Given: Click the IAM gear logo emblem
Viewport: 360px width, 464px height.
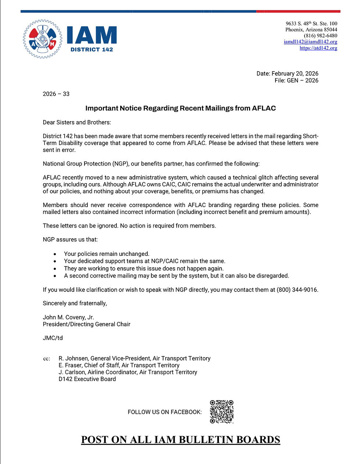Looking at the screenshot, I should pyautogui.click(x=43, y=39).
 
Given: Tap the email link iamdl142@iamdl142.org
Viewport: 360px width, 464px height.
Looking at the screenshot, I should pyautogui.click(x=310, y=42).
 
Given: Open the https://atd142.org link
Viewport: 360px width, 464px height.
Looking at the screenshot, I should pyautogui.click(x=318, y=48).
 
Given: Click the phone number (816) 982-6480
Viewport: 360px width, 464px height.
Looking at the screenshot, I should pyautogui.click(x=320, y=36).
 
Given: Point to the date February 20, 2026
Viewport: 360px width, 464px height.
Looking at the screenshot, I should pyautogui.click(x=295, y=73).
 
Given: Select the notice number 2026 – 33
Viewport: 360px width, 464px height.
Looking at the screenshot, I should pyautogui.click(x=56, y=94).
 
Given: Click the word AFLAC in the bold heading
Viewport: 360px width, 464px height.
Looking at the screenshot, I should pyautogui.click(x=264, y=108).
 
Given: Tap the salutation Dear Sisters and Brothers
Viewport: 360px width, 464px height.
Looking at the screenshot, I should pyautogui.click(x=77, y=122).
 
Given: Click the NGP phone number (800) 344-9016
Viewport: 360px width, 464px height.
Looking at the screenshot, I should pyautogui.click(x=297, y=290).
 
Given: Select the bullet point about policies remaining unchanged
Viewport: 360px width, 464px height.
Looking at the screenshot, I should pyautogui.click(x=107, y=254).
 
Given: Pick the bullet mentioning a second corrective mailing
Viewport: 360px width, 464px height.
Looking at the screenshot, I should pyautogui.click(x=176, y=276).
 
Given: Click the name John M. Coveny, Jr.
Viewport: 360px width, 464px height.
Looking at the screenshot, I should pyautogui.click(x=68, y=317).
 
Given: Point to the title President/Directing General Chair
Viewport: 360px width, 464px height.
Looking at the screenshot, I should pyautogui.click(x=86, y=324).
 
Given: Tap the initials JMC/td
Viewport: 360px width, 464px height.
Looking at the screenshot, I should pyautogui.click(x=53, y=338).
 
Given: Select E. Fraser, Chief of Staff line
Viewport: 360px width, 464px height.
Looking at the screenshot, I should pyautogui.click(x=119, y=365).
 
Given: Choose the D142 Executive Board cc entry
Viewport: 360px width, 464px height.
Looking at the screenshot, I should pyautogui.click(x=87, y=379).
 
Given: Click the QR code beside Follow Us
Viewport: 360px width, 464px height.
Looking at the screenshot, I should pyautogui.click(x=222, y=412).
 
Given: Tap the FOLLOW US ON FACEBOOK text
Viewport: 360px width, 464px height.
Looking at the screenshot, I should pyautogui.click(x=165, y=412).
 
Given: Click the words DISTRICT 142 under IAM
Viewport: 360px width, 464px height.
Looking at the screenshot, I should pyautogui.click(x=91, y=50).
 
